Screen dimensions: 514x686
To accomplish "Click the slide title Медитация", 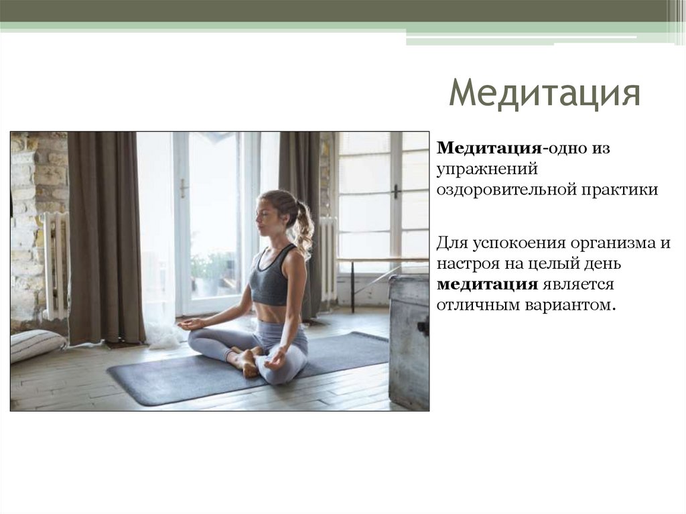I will [544, 92].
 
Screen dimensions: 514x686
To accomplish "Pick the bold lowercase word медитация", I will [488, 284].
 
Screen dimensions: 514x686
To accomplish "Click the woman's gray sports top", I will [271, 279].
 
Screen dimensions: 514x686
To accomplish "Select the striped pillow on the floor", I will [37, 344].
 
